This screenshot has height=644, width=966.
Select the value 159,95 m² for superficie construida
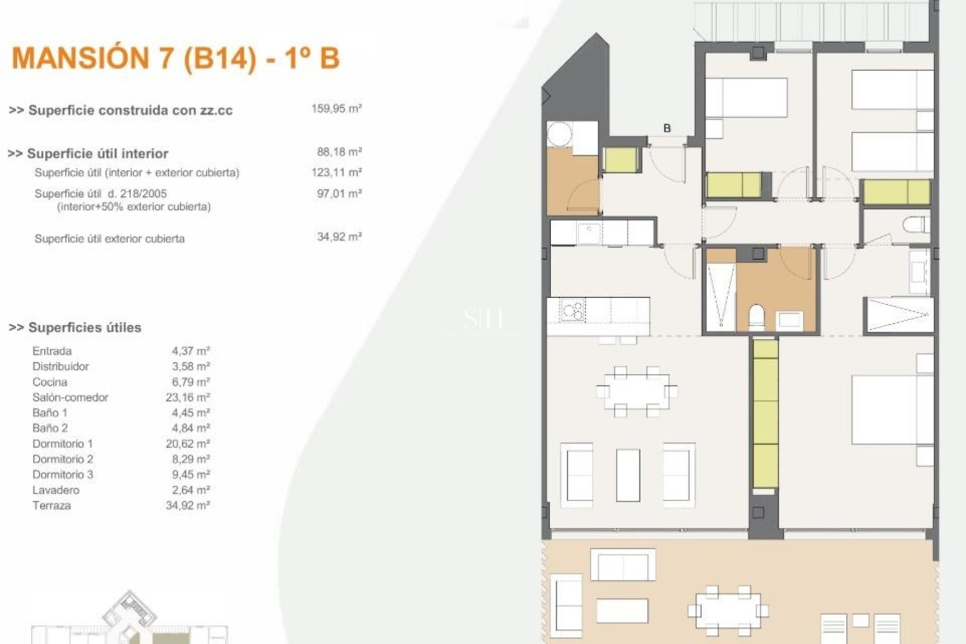coord(336,108)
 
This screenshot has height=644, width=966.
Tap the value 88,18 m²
coord(339,151)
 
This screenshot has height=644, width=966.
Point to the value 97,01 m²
coord(339,193)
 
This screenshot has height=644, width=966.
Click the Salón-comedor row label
coord(70,397)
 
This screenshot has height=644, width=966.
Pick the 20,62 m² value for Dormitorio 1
coord(188,444)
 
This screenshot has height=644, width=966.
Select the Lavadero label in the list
coord(56,490)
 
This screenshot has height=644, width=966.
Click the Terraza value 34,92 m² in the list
coord(188,506)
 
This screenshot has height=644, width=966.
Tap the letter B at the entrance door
coord(667,128)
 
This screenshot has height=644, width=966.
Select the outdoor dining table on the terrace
coord(728,611)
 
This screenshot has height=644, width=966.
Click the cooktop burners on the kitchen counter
coord(573,310)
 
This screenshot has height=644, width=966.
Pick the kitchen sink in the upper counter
coord(588,232)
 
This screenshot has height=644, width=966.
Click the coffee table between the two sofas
coord(628,475)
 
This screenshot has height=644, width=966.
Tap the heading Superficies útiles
coord(85,328)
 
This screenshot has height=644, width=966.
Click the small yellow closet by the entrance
coord(620,160)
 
